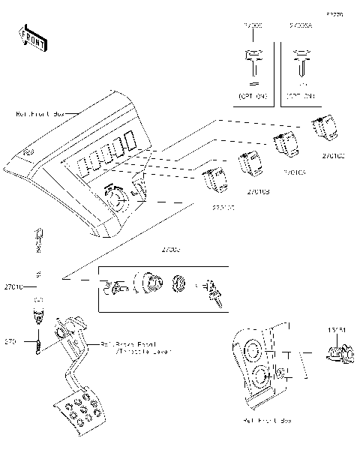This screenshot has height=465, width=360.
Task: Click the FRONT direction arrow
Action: (32, 37)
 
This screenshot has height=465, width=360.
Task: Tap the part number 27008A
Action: (300, 25)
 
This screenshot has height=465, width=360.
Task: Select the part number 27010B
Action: (258, 192)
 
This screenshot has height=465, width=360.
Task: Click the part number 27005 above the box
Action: (172, 248)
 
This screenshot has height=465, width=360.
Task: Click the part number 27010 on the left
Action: (13, 286)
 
